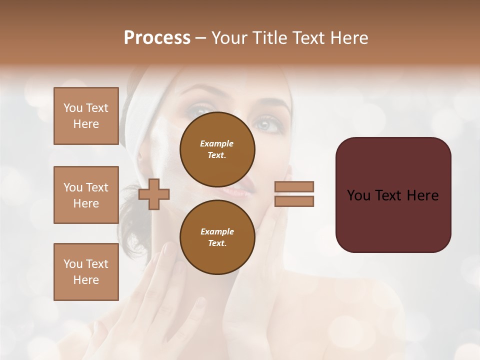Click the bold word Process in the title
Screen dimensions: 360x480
(157, 38)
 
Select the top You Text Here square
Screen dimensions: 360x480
(86, 116)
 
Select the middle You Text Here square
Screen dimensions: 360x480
(86, 195)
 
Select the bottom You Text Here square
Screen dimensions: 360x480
(86, 272)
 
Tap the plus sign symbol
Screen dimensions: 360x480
(154, 194)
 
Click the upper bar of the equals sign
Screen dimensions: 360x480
(294, 186)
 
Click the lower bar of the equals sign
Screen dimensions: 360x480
(294, 201)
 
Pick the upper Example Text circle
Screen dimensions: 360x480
(217, 149)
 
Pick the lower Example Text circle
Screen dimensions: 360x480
(217, 237)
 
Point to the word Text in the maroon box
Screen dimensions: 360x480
(393, 195)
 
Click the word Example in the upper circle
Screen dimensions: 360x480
(217, 143)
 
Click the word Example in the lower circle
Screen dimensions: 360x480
(217, 231)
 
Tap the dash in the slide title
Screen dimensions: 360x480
(200, 38)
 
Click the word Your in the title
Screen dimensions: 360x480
(230, 38)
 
